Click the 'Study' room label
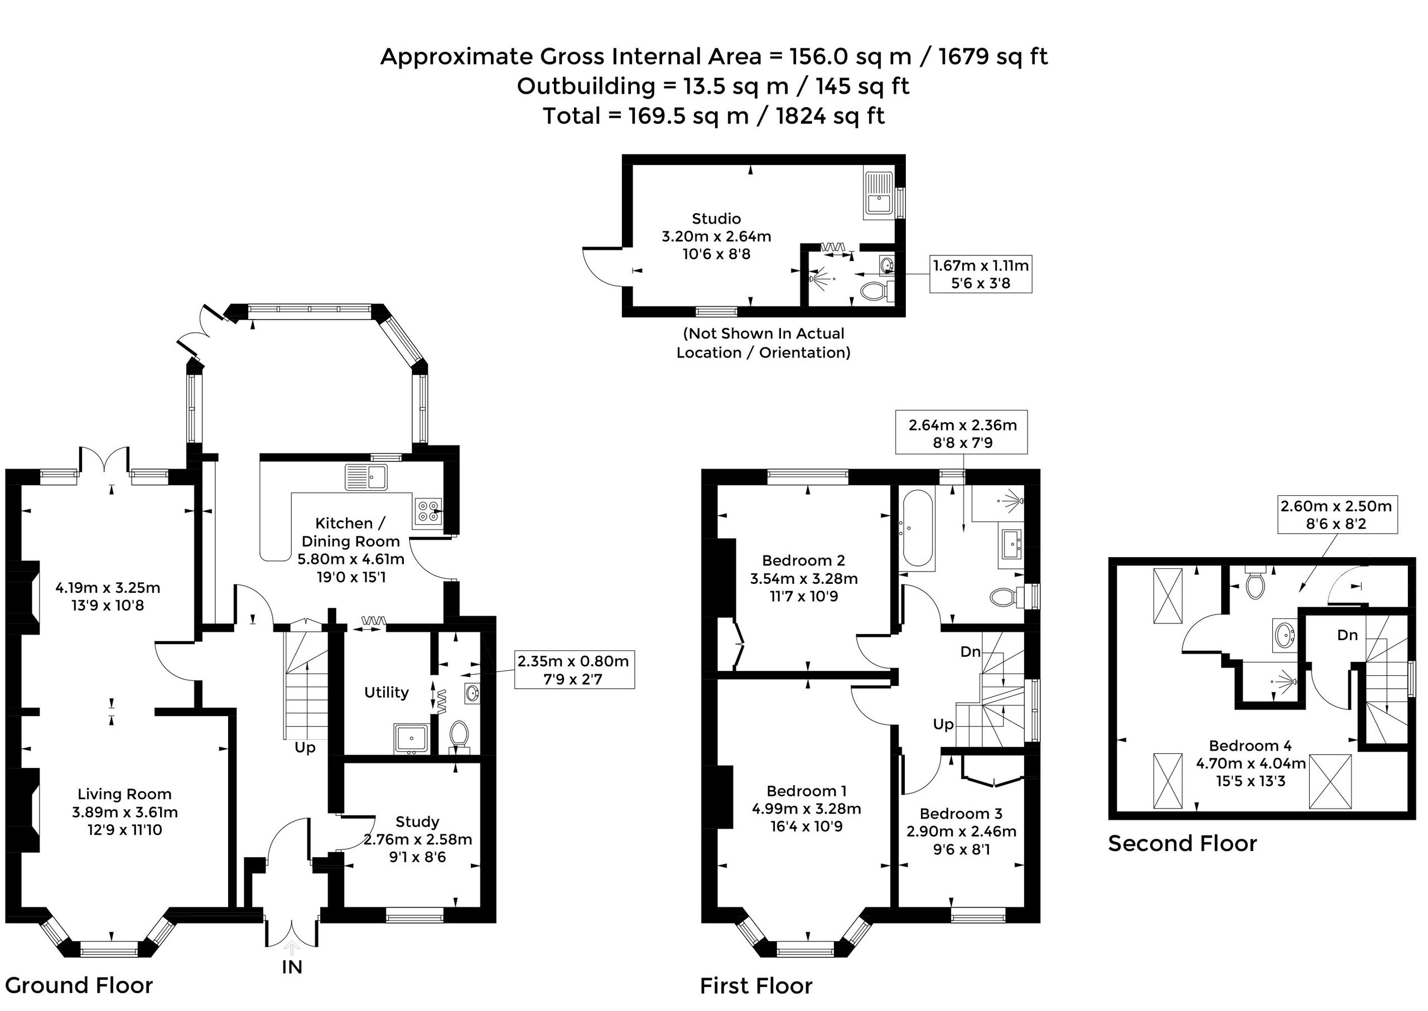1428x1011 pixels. pyautogui.click(x=417, y=822)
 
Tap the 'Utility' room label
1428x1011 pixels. pyautogui.click(x=386, y=692)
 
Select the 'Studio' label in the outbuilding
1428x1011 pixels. pyautogui.click(x=716, y=219)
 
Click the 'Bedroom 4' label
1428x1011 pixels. pyautogui.click(x=1250, y=745)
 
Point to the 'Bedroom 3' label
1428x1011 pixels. pyautogui.click(x=961, y=813)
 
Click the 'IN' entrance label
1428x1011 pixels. pyautogui.click(x=292, y=967)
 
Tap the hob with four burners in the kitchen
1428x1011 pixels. pyautogui.click(x=428, y=510)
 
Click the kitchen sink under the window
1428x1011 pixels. pyautogui.click(x=366, y=477)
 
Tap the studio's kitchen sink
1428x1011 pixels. pyautogui.click(x=879, y=192)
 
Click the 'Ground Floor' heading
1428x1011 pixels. pyautogui.click(x=79, y=985)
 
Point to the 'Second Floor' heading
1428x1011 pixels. pyautogui.click(x=1183, y=844)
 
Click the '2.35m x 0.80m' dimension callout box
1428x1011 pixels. pyautogui.click(x=574, y=670)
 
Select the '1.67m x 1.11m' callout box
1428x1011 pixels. pyautogui.click(x=981, y=274)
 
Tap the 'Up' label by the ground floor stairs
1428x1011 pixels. pyautogui.click(x=305, y=748)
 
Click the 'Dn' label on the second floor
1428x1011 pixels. pyautogui.click(x=1348, y=635)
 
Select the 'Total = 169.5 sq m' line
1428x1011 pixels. pyautogui.click(x=713, y=117)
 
